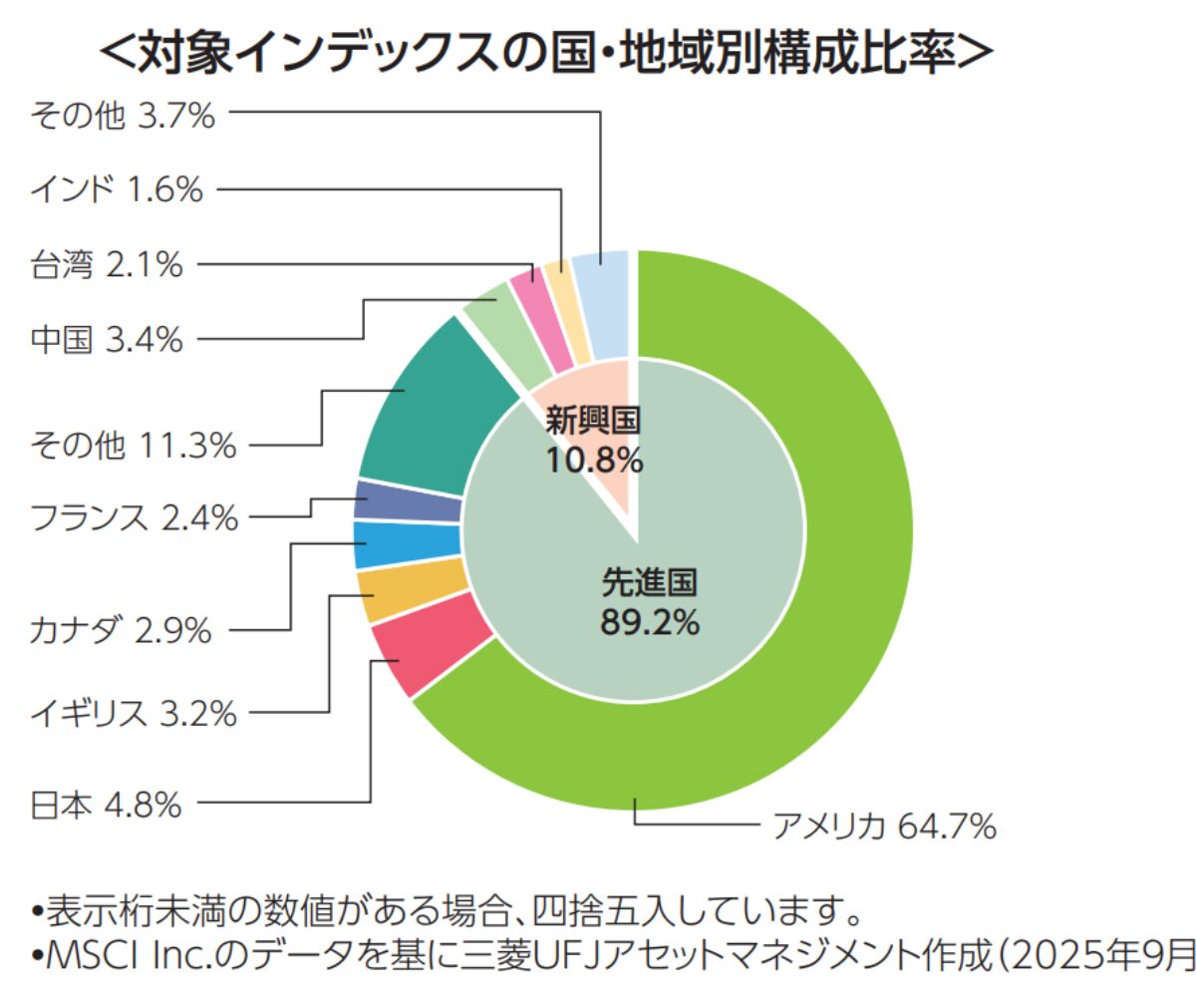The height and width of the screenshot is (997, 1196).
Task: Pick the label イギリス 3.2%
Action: [134, 714]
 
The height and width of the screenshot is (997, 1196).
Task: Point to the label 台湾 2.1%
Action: [107, 265]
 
